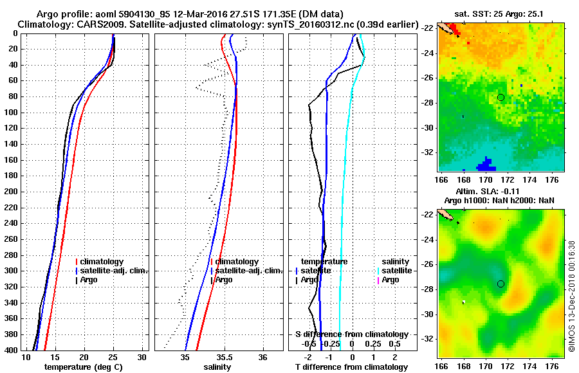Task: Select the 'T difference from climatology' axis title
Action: click(x=351, y=367)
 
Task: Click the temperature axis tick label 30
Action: click(x=142, y=357)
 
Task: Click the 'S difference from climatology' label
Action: click(x=351, y=334)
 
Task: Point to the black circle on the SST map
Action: click(x=501, y=97)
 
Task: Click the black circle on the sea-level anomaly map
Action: click(x=501, y=284)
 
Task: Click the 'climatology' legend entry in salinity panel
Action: click(x=237, y=262)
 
